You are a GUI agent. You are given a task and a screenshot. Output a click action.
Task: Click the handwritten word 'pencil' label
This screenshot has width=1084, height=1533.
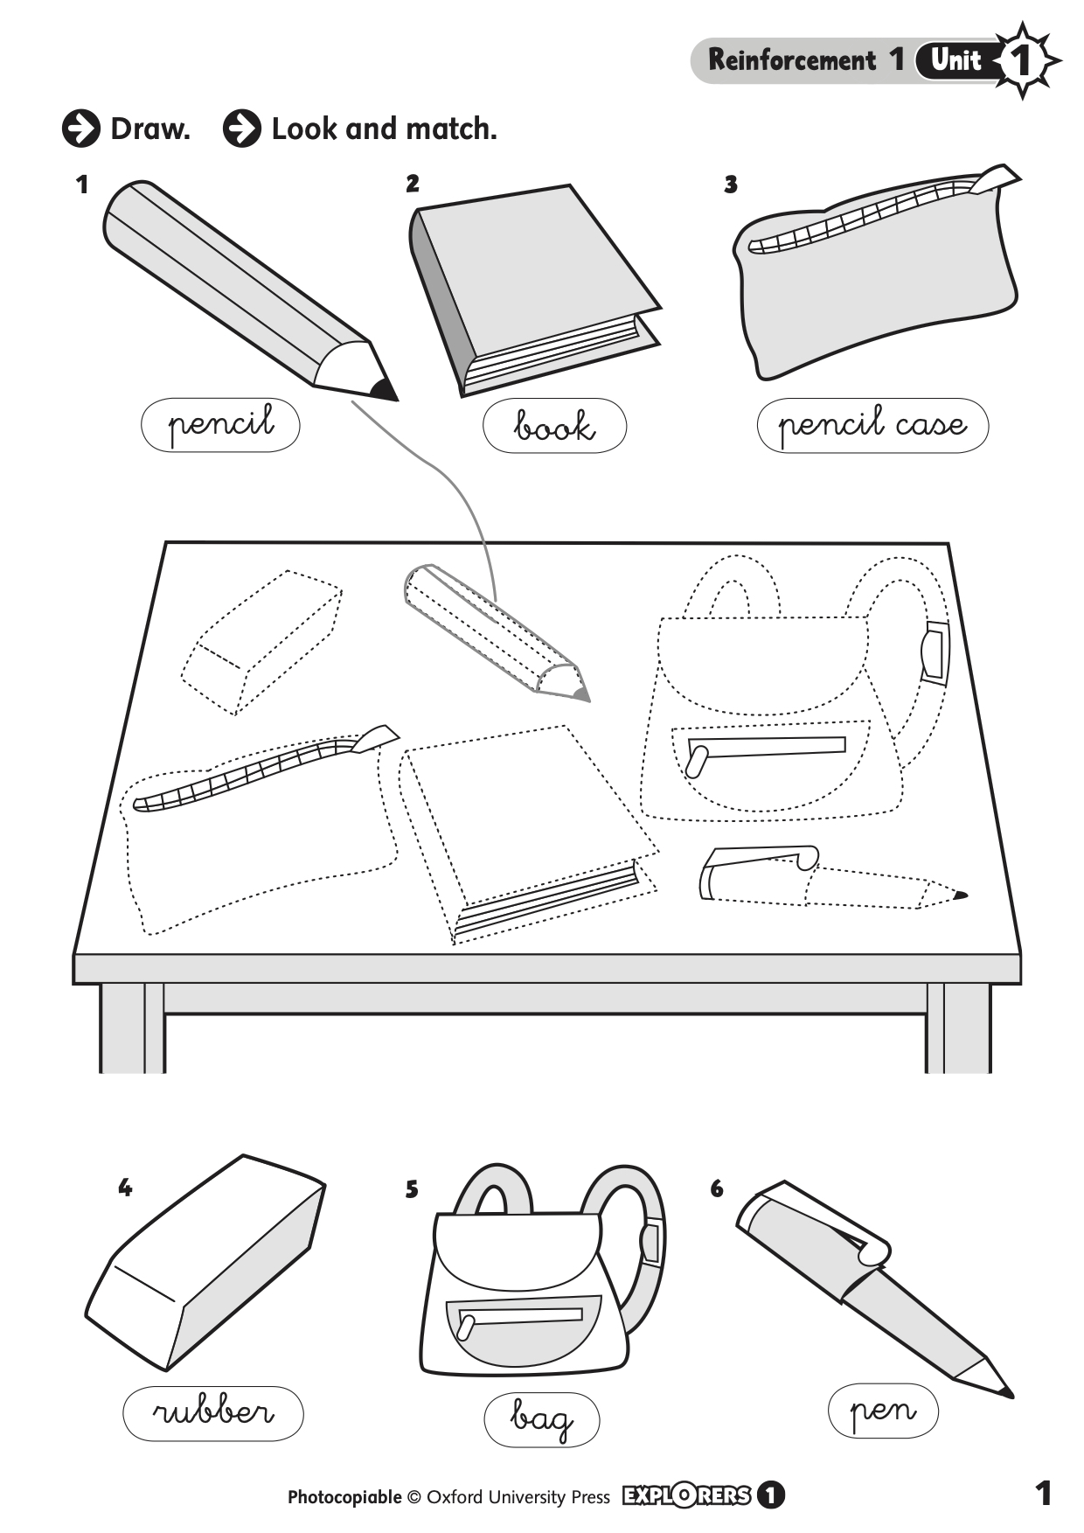220,425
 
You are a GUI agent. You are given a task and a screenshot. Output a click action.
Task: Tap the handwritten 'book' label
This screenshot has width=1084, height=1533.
554,427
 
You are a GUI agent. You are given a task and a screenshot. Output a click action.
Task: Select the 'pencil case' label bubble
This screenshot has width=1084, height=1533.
872,426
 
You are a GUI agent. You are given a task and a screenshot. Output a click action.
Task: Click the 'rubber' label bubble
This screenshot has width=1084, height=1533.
213,1413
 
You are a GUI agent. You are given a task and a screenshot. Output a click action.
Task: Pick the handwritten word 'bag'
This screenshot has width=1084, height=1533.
541,1419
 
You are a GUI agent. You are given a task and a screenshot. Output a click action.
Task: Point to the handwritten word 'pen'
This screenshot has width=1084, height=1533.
883,1410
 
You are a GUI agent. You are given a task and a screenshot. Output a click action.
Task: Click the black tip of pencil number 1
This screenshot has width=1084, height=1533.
383,389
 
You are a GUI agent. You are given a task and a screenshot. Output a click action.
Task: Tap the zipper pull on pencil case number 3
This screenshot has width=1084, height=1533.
996,178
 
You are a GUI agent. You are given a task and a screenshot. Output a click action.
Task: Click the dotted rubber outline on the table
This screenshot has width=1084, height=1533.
261,643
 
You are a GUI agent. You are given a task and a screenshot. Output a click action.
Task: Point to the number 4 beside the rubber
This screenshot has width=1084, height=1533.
125,1188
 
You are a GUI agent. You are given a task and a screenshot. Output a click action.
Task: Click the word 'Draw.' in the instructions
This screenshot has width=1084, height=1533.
149,129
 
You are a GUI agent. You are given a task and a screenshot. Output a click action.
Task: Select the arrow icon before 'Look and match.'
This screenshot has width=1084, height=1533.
241,129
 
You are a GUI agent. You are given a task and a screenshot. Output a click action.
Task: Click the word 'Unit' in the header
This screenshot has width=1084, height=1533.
955,60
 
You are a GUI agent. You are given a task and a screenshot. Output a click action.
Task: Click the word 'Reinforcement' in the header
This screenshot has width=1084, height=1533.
791,60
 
